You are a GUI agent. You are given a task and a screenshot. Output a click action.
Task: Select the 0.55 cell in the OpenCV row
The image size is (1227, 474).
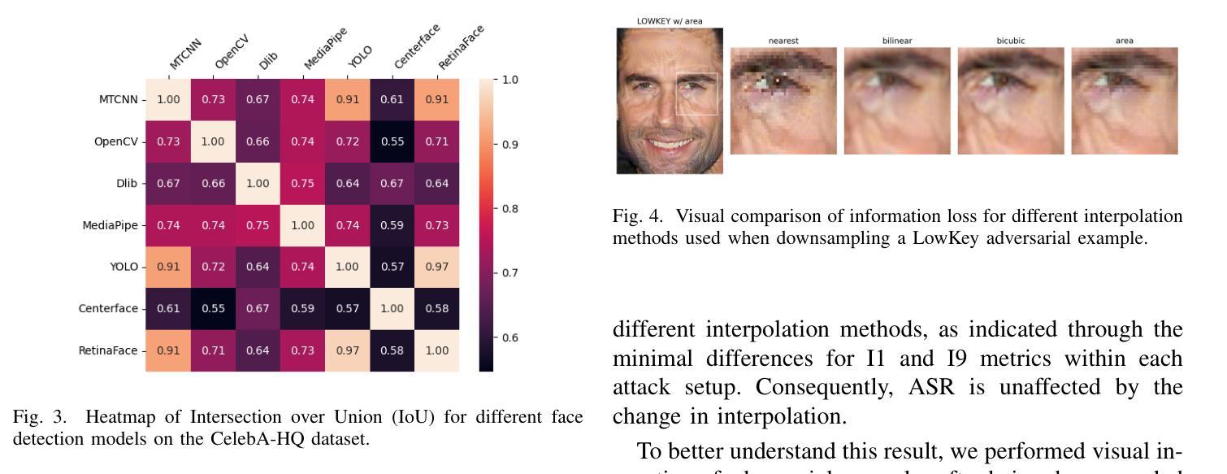click(x=392, y=141)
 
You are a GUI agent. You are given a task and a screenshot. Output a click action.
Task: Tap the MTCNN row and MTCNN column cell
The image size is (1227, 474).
click(x=168, y=99)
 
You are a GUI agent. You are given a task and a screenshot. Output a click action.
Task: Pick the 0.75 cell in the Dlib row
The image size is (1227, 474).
click(x=302, y=184)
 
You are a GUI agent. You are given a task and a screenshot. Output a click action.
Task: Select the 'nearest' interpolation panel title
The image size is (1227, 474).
click(x=783, y=41)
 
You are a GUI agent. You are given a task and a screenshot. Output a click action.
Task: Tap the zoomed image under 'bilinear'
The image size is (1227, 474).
click(x=896, y=100)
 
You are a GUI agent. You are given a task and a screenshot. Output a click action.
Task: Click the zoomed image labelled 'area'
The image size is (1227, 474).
click(x=1124, y=100)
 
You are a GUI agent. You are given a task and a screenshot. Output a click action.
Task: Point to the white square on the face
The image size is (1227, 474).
click(x=697, y=93)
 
